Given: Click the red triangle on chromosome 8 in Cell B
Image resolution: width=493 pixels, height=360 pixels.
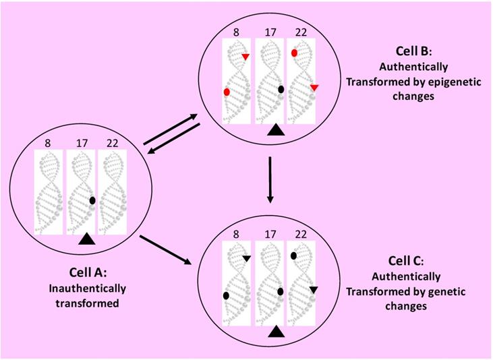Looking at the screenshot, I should tap(245, 57).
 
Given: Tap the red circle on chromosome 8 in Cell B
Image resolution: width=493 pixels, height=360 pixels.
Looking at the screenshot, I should tap(227, 92).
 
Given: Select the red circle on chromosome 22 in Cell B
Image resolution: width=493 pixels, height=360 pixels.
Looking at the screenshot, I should tap(295, 53).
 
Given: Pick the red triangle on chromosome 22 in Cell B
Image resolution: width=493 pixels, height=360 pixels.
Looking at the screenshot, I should tap(314, 88).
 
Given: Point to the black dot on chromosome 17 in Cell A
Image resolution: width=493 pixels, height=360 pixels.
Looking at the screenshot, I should tap(92, 200).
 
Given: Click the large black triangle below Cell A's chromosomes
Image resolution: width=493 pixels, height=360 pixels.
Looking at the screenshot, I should tap(86, 238).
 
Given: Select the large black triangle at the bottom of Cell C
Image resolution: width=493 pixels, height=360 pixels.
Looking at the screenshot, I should tap(274, 332).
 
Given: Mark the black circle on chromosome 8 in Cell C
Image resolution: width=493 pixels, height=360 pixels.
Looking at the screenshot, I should tap(227, 295).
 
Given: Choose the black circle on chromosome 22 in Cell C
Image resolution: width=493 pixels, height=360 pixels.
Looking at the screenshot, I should tap(294, 256).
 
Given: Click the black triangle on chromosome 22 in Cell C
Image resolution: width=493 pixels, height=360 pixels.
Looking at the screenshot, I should tap(314, 290).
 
